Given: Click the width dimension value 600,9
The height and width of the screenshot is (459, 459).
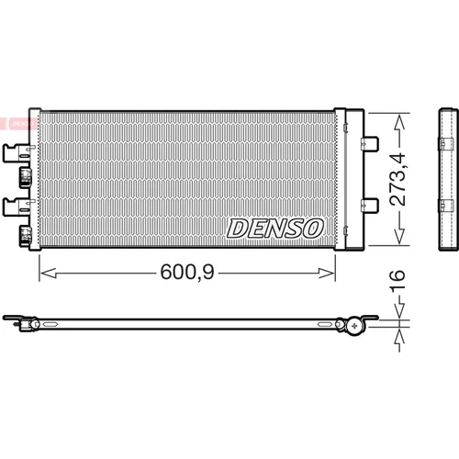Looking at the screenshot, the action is pyautogui.click(x=187, y=272).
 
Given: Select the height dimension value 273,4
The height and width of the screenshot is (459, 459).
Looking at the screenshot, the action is pyautogui.click(x=397, y=179).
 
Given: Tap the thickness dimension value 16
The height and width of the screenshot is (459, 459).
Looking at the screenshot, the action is pyautogui.click(x=397, y=280).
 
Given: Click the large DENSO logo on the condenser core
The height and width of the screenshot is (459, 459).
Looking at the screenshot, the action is pyautogui.click(x=274, y=229).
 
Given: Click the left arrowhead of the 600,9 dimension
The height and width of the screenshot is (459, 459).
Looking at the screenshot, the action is pyautogui.click(x=49, y=273).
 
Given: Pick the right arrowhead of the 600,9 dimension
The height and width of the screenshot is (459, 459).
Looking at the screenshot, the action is pyautogui.click(x=326, y=273).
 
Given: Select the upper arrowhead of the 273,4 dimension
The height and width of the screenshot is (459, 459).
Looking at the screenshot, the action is pyautogui.click(x=399, y=121).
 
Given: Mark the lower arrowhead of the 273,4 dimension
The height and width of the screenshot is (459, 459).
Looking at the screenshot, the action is pyautogui.click(x=399, y=236).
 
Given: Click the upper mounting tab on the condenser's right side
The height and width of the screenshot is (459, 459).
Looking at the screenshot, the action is pyautogui.click(x=370, y=143).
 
